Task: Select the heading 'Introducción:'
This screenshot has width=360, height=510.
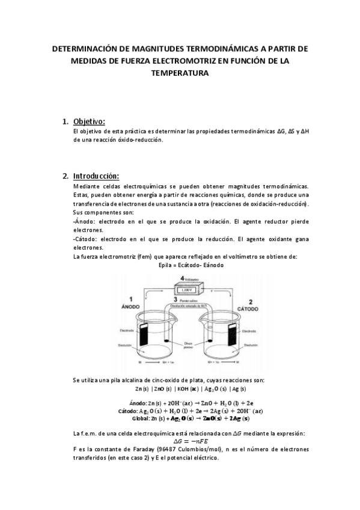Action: pos(96,176)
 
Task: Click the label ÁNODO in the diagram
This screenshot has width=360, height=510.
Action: pos(131,306)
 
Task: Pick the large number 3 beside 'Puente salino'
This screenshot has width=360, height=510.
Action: pos(175,299)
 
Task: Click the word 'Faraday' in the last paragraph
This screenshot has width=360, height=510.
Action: pos(150,450)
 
